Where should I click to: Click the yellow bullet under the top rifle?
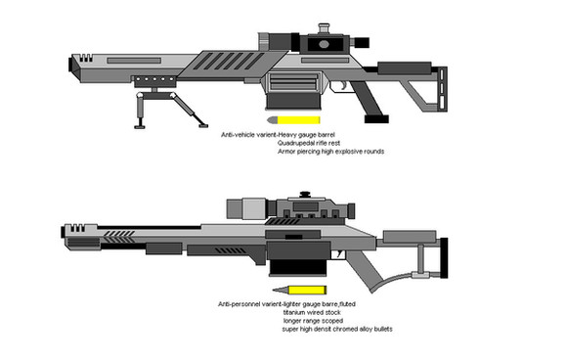pos(293,119)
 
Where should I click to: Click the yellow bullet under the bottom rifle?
pos(300,290)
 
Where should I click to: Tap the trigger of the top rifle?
pos(342,85)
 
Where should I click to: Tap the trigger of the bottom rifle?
pos(339,254)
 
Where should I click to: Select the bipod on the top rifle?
pos(170,110)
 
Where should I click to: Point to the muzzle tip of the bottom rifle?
pos(63,232)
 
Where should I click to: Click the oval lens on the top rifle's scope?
pos(324,44)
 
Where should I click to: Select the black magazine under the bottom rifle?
pos(297,268)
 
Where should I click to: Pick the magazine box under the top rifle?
pos(293,101)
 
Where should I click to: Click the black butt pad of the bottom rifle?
pos(444,258)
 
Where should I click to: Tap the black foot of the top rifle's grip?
pos(376,119)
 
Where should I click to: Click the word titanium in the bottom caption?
pos(294,313)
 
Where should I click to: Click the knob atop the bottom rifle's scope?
pos(305,195)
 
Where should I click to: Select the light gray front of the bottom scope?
pos(254,208)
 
